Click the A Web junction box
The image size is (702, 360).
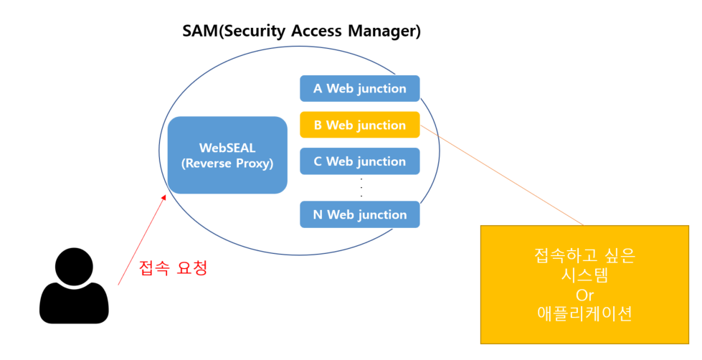pos(359,88)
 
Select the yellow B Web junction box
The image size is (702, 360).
pos(359,125)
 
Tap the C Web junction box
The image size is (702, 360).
pos(359,161)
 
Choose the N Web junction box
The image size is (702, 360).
pos(359,214)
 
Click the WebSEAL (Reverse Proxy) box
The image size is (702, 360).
pos(227,155)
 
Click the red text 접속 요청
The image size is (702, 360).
pos(174,268)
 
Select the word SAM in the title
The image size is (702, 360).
pos(200,31)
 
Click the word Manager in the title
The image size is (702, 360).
pos(383,32)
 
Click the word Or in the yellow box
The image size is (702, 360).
pos(584,295)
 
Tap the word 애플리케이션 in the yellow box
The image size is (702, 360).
pos(584,313)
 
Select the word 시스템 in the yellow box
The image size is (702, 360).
pos(584,275)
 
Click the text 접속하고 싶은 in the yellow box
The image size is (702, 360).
pos(584,255)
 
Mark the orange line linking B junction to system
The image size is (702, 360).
pos(502,175)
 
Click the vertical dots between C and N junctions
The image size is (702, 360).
pos(361,188)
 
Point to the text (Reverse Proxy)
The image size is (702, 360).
pos(227,164)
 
